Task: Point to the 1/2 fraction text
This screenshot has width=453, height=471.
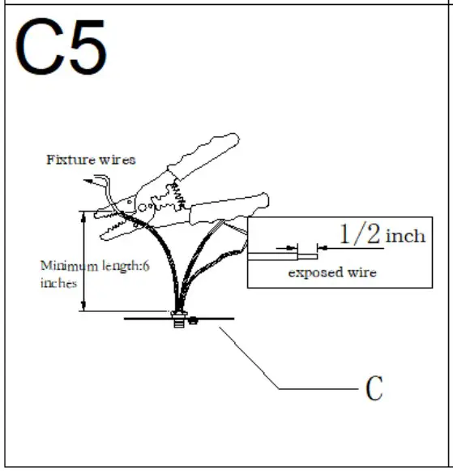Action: [x=359, y=235]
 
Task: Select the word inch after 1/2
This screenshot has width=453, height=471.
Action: [x=405, y=237]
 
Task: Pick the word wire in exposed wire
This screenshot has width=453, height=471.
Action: [x=362, y=273]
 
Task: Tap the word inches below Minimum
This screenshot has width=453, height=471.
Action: [x=58, y=283]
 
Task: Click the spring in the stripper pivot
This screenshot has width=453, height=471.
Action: [x=175, y=195]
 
